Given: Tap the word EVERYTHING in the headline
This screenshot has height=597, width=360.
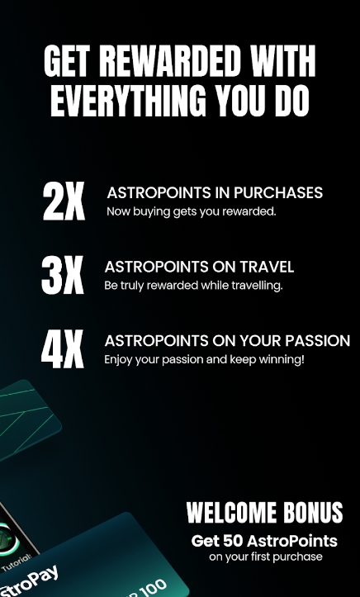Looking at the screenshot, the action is (x=128, y=101).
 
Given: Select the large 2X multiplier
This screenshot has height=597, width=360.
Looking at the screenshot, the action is (x=64, y=201).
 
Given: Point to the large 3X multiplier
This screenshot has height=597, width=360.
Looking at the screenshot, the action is (x=63, y=275).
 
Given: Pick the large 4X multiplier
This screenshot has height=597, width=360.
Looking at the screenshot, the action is (x=63, y=348).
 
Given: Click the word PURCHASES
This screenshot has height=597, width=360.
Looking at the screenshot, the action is (x=277, y=193).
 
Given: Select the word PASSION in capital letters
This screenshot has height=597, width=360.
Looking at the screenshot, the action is (x=318, y=341).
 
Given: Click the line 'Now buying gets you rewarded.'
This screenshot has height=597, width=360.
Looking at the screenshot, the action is (x=191, y=211).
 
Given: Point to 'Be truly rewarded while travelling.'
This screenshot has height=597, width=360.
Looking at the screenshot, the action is (x=193, y=286).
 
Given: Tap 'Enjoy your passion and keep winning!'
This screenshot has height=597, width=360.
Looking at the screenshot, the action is (x=204, y=359).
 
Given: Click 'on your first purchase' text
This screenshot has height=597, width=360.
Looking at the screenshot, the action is (x=266, y=557).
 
